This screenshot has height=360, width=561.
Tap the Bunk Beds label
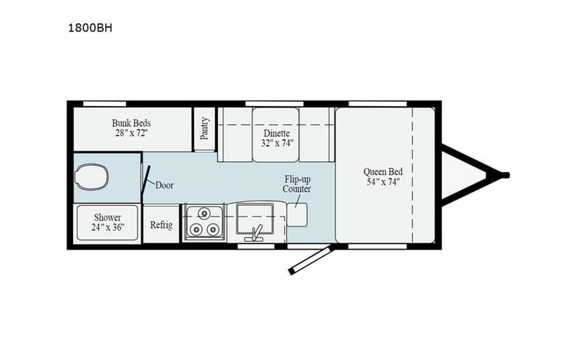[131, 123]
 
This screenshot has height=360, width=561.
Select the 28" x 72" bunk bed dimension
[131, 134]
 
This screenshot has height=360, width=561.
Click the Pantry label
[205, 127]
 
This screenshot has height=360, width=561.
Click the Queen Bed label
[384, 171]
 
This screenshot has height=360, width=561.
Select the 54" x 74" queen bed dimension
[384, 182]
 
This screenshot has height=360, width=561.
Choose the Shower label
[108, 217]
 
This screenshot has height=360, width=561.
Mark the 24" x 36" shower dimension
[108, 228]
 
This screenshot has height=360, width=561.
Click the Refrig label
[161, 226]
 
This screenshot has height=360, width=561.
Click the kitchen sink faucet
[258, 230]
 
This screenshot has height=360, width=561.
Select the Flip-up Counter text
[296, 183]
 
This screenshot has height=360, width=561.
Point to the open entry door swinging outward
[310, 259]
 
